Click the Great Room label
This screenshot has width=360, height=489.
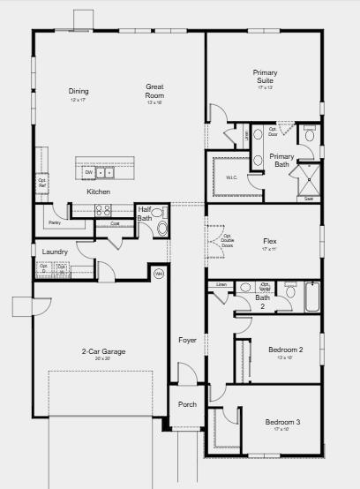[x=155, y=90]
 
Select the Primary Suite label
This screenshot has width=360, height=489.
[x=265, y=76]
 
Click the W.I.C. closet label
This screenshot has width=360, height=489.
[x=232, y=177]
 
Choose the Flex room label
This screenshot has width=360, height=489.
[x=270, y=241]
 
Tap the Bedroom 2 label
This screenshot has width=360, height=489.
[x=285, y=350]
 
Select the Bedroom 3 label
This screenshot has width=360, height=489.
[x=282, y=423]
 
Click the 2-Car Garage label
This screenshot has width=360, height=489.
[x=102, y=351]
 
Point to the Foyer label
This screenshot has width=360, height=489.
[x=187, y=339]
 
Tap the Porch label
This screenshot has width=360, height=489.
[x=187, y=405]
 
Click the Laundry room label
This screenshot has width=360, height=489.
[x=55, y=252]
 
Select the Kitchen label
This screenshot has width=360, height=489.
[x=98, y=192]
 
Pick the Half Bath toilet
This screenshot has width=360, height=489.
[x=161, y=228]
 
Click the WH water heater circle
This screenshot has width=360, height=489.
[x=159, y=274]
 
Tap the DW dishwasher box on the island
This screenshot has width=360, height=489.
[x=89, y=172]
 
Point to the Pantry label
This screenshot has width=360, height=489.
[x=54, y=209]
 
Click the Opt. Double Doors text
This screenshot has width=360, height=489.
[x=227, y=240]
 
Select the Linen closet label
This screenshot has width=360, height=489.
[x=221, y=285]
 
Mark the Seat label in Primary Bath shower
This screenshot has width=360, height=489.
[x=309, y=199]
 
